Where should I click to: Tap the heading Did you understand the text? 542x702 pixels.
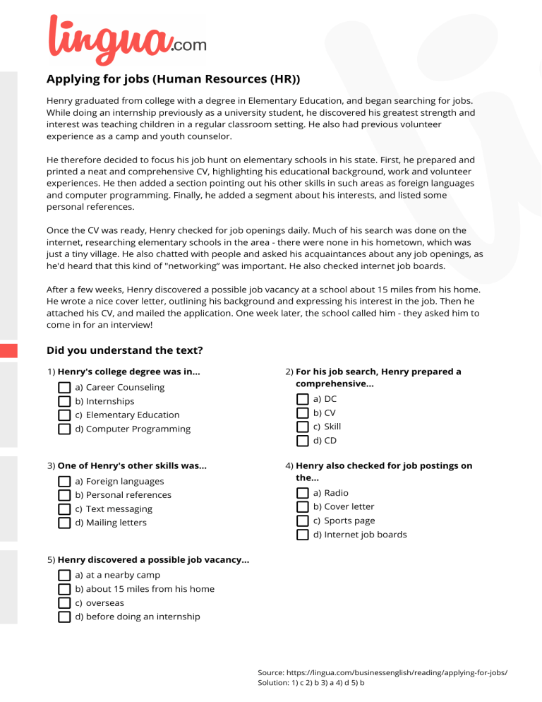[x=124, y=350]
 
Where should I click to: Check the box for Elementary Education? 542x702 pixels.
[x=64, y=415]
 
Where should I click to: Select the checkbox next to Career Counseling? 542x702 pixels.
[x=64, y=388]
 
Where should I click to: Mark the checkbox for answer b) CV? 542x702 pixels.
[x=303, y=413]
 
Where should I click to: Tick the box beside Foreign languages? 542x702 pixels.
[x=64, y=482]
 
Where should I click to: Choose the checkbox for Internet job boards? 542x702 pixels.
[x=303, y=535]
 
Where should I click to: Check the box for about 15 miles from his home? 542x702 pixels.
[x=64, y=589]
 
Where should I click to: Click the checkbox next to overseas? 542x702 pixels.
[x=64, y=603]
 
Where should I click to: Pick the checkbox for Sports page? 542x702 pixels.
[x=303, y=521]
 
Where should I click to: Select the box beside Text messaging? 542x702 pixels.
[x=64, y=509]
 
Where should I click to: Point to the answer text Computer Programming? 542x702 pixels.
[x=138, y=429]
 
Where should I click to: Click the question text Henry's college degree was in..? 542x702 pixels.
[x=128, y=371]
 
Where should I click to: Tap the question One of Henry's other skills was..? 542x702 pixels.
[x=132, y=465]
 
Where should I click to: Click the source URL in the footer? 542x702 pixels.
[x=396, y=673]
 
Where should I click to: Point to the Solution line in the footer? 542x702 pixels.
[x=311, y=684]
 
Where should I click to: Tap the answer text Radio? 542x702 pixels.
[x=336, y=493]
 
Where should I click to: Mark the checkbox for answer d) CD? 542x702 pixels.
[x=303, y=441]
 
